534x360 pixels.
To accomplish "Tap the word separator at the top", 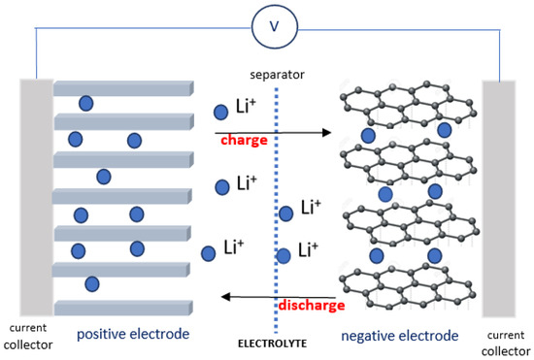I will (276, 73).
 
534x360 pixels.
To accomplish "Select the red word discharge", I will (311, 306).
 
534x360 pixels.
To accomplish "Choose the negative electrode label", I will (399, 336).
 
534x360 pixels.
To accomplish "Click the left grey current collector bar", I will (37, 198).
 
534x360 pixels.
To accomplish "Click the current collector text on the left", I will (30, 336).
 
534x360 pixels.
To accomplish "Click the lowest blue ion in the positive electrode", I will (92, 284).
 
